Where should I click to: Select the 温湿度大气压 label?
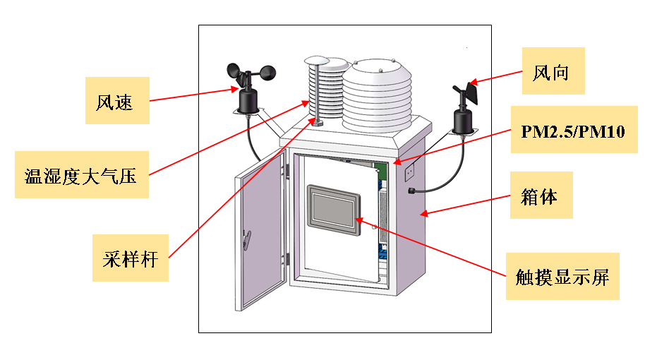point(80,174)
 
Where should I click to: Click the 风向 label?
point(553,71)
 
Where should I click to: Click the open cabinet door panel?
point(260,233)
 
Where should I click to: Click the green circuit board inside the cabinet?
point(382,170)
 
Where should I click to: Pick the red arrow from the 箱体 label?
point(466,205)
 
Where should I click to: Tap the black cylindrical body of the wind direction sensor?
point(463,120)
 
